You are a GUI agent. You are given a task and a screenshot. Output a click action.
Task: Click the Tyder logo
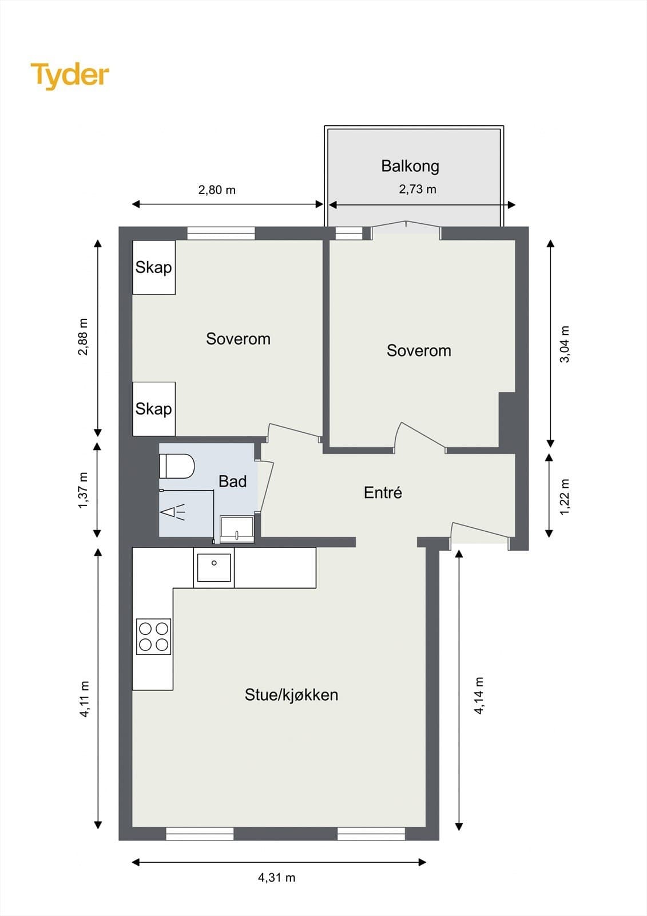(x=70, y=76)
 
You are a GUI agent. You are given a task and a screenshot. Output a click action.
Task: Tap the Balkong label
(x=410, y=167)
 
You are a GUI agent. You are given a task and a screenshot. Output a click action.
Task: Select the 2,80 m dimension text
(x=217, y=190)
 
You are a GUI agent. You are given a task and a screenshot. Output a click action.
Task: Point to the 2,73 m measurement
(x=417, y=189)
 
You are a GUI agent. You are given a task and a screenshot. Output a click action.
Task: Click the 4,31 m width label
(x=277, y=878)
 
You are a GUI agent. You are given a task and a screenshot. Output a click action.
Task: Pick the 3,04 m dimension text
(x=565, y=344)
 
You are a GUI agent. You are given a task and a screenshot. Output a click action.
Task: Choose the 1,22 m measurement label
(x=565, y=497)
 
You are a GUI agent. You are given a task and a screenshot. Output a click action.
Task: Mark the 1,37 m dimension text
(x=83, y=490)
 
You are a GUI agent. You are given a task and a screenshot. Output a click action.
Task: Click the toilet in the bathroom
(x=177, y=466)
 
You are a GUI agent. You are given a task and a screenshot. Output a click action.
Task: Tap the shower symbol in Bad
(x=172, y=512)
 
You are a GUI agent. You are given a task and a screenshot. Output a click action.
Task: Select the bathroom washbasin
(x=237, y=530)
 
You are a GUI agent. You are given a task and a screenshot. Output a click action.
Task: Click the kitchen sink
(x=214, y=567)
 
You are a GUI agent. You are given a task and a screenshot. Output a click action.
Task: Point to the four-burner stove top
(x=154, y=637)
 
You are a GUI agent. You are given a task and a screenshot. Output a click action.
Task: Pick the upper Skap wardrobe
(x=154, y=267)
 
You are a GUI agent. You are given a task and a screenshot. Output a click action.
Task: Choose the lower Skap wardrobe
(x=154, y=409)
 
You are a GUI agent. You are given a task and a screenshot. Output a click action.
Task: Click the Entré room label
(x=383, y=492)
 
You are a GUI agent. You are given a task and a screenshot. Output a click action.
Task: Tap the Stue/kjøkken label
(x=291, y=695)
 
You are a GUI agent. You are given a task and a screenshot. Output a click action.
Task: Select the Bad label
(x=233, y=481)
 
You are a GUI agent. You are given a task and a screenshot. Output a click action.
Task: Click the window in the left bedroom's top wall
(x=221, y=234)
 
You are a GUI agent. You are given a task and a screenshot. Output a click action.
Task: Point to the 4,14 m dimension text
(x=479, y=695)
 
